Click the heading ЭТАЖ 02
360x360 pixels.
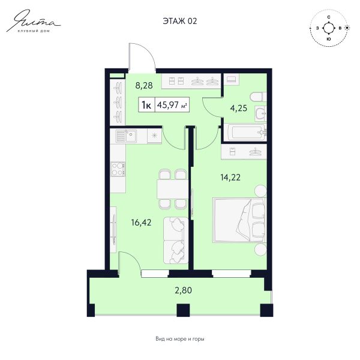click(x=180, y=21)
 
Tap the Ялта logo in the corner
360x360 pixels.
click(x=34, y=21)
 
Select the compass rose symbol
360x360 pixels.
click(x=329, y=28)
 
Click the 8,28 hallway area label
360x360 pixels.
click(x=144, y=85)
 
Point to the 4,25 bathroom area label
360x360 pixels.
click(x=239, y=108)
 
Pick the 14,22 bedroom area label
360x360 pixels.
click(x=230, y=177)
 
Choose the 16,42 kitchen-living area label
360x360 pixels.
click(x=141, y=222)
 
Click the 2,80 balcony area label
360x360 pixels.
click(x=183, y=290)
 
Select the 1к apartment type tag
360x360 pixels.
click(x=147, y=105)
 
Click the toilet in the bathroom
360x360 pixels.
click(x=259, y=97)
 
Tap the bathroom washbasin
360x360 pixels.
click(x=260, y=113)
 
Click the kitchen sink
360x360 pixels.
click(x=126, y=136)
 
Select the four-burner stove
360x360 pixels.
click(x=118, y=169)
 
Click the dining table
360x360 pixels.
click(x=172, y=189)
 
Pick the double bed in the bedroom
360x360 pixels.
click(x=239, y=220)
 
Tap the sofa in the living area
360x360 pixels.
click(x=176, y=241)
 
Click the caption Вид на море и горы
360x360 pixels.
click(x=180, y=339)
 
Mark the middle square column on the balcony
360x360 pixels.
click(x=183, y=310)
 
